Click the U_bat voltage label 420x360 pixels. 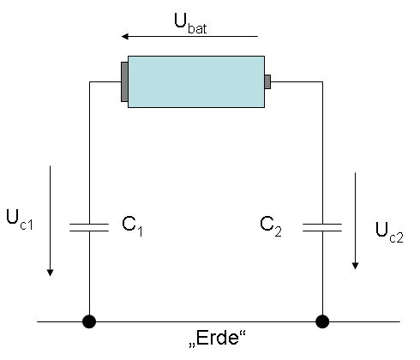click(x=190, y=24)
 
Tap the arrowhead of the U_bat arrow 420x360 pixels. click(x=125, y=37)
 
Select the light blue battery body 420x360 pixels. click(x=196, y=81)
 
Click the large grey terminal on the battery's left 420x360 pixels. click(x=124, y=81)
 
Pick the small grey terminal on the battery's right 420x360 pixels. click(x=267, y=81)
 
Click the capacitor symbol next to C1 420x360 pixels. click(x=89, y=227)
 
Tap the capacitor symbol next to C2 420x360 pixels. click(x=322, y=227)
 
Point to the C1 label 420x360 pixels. click(x=132, y=226)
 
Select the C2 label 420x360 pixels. click(x=271, y=226)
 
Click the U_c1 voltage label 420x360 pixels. click(x=20, y=219)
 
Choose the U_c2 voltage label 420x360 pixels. click(x=389, y=233)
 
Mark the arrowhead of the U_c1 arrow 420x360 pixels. click(x=50, y=273)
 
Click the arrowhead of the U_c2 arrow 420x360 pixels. click(x=355, y=266)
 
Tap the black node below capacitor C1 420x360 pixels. click(x=89, y=321)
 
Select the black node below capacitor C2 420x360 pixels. click(x=322, y=321)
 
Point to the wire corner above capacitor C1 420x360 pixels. click(x=89, y=82)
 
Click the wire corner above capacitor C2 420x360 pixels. click(x=322, y=82)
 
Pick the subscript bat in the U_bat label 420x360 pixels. click(x=197, y=29)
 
